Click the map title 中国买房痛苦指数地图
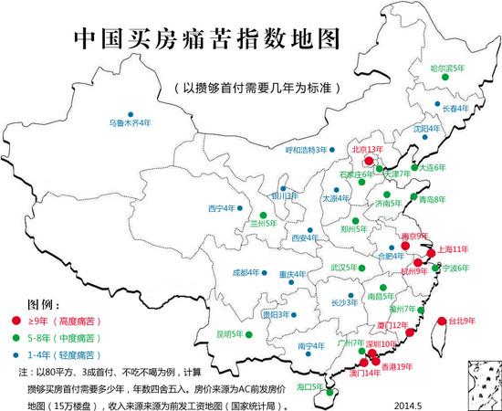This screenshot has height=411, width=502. [x=204, y=41]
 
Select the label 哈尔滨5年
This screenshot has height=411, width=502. [x=446, y=68]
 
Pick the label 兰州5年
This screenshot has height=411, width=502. [x=265, y=222]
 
